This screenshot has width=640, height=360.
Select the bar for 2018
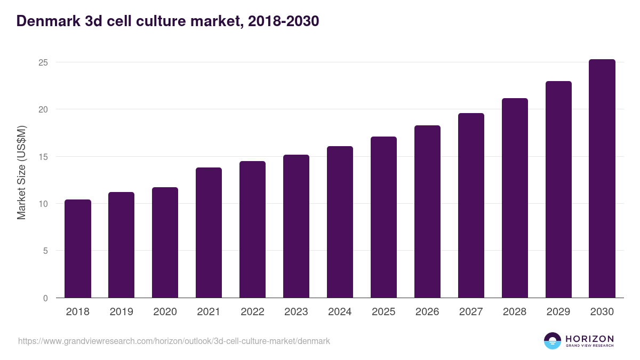pyautogui.click(x=78, y=249)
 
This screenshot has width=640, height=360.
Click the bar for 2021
pyautogui.click(x=209, y=233)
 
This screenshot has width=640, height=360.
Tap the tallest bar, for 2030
pyautogui.click(x=602, y=179)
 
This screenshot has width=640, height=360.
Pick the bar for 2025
pyautogui.click(x=383, y=217)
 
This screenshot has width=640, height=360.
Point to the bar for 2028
pyautogui.click(x=515, y=198)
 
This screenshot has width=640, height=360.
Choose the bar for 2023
pyautogui.click(x=296, y=226)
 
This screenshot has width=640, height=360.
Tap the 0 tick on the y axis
pyautogui.click(x=45, y=298)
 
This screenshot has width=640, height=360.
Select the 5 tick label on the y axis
pyautogui.click(x=45, y=251)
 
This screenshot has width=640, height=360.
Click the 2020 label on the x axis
pyautogui.click(x=165, y=312)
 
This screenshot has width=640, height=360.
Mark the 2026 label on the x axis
pyautogui.click(x=427, y=312)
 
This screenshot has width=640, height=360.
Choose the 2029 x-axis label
pyautogui.click(x=558, y=312)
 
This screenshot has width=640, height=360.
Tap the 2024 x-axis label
pyautogui.click(x=340, y=312)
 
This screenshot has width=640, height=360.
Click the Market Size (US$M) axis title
pyautogui.click(x=21, y=172)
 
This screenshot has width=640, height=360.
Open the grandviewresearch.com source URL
pyautogui.click(x=174, y=341)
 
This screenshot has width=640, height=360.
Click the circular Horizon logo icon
pyautogui.click(x=552, y=341)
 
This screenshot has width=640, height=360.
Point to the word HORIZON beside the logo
pyautogui.click(x=589, y=339)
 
